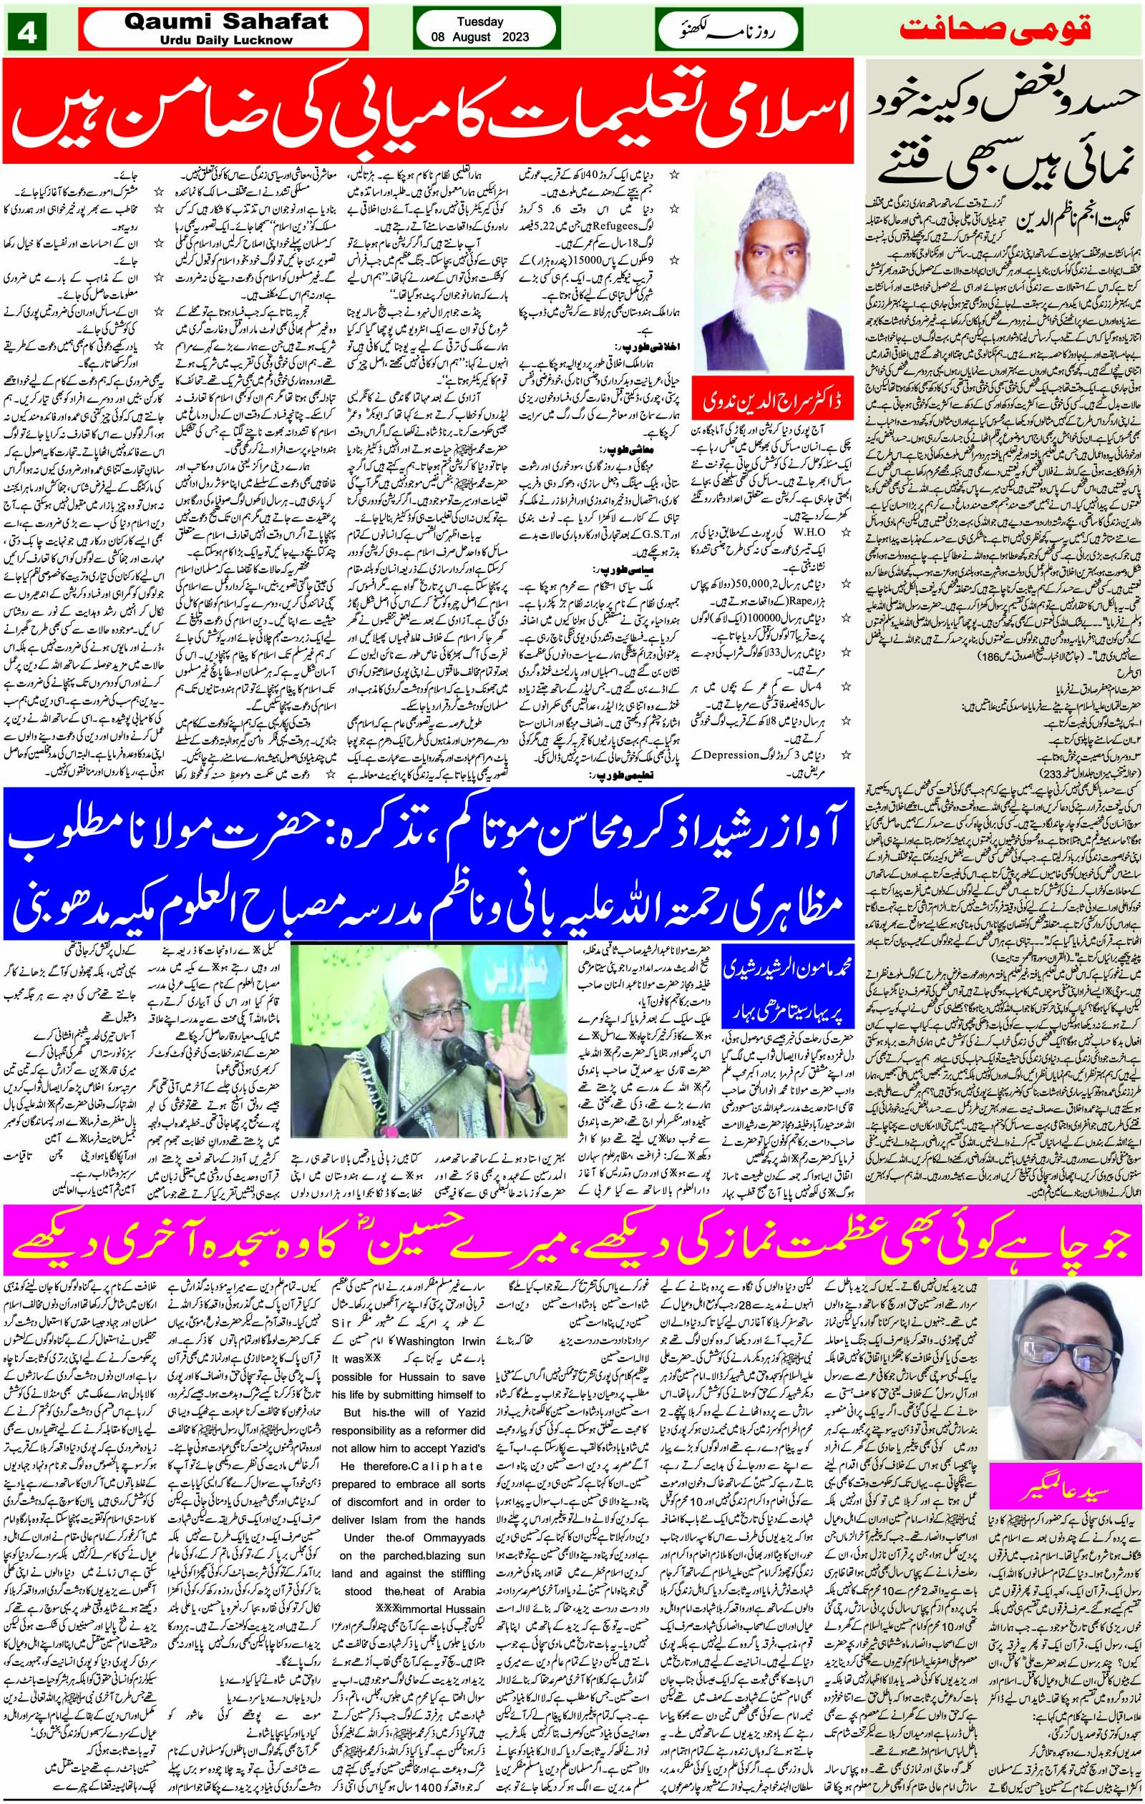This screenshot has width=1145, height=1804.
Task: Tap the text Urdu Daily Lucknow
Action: pos(225,40)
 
